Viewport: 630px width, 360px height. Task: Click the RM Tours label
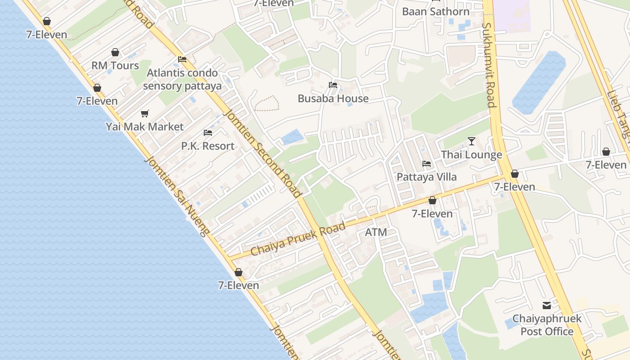[115, 66]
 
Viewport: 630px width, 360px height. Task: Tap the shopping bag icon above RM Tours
[115, 52]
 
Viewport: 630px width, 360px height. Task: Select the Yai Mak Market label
[144, 127]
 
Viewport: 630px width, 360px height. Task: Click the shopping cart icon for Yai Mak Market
[144, 113]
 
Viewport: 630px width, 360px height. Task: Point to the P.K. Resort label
[208, 146]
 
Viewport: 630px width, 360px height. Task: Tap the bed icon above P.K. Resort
[208, 132]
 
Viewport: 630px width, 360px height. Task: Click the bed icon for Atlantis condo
[182, 59]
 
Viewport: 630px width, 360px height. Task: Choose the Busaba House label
[333, 99]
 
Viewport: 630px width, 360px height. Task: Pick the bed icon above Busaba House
[333, 85]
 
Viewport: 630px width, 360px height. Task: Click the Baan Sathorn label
[436, 12]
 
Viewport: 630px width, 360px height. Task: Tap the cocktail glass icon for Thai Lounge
[471, 141]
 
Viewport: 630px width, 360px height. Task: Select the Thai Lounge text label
[471, 155]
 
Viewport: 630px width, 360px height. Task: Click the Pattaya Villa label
[427, 177]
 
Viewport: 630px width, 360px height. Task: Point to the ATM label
[376, 233]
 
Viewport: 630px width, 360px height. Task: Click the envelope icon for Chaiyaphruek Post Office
[547, 306]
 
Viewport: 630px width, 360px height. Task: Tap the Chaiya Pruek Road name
[298, 238]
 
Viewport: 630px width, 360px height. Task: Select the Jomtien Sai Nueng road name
[177, 196]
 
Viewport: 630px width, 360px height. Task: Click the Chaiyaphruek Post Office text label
[547, 325]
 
